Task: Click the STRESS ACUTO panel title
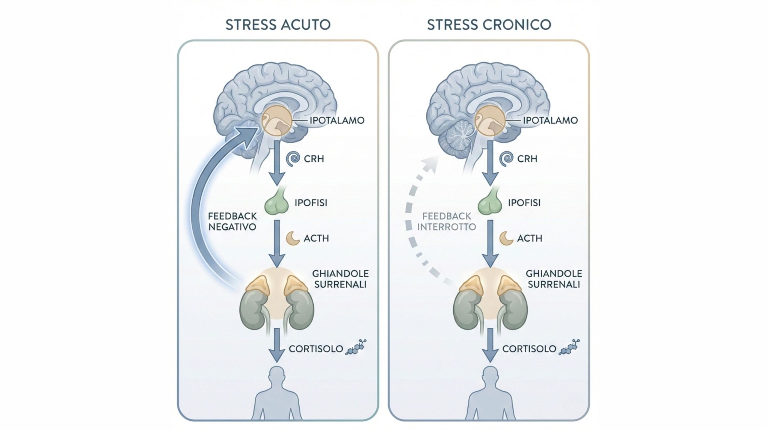point(278,25)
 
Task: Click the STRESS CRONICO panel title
point(489,25)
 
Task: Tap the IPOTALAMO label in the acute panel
point(337,121)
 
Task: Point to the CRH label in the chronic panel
point(527,159)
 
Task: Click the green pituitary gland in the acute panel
point(276,203)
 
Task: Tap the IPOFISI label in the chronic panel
point(524,203)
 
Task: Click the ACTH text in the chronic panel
point(529,238)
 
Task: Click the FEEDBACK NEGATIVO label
point(232,222)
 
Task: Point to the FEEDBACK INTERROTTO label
point(446,222)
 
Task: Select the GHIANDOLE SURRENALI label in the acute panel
point(340,279)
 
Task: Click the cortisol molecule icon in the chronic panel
point(569,348)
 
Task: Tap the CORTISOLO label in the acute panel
point(316,349)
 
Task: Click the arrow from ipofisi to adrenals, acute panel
point(277,243)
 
